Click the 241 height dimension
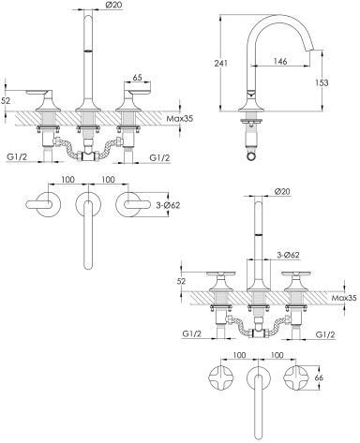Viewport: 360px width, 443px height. click(220, 63)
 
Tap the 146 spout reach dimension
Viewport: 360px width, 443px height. click(280, 61)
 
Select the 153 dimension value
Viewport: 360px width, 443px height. click(322, 82)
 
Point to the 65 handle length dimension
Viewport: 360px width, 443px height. click(137, 78)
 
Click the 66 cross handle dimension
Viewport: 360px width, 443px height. click(319, 377)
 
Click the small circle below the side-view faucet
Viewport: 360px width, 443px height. click(252, 155)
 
